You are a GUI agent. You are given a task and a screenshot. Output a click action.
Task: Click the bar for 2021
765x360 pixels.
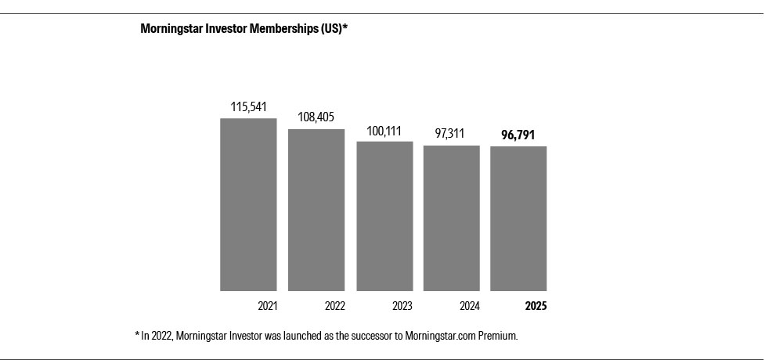[248, 204]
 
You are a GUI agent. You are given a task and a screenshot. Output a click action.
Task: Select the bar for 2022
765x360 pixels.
[316, 210]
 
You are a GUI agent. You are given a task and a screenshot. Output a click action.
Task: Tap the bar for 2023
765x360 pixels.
[384, 216]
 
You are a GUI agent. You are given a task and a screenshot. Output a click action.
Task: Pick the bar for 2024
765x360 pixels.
[452, 218]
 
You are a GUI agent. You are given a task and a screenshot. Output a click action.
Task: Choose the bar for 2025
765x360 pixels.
[518, 218]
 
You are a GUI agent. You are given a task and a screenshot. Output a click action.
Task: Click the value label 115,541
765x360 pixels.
[248, 106]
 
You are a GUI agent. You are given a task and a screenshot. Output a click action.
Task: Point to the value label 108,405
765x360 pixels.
[316, 117]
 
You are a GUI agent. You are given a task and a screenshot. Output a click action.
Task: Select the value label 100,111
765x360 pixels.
[384, 130]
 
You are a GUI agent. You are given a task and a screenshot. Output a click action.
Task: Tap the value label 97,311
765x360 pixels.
[452, 134]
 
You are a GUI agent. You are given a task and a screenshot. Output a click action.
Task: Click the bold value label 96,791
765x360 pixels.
[518, 135]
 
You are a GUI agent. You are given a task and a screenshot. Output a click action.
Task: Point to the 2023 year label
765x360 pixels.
[402, 306]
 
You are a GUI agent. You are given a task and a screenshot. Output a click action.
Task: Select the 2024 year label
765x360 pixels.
[469, 306]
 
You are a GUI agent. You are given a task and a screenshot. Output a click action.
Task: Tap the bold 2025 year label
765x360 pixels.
[536, 306]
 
